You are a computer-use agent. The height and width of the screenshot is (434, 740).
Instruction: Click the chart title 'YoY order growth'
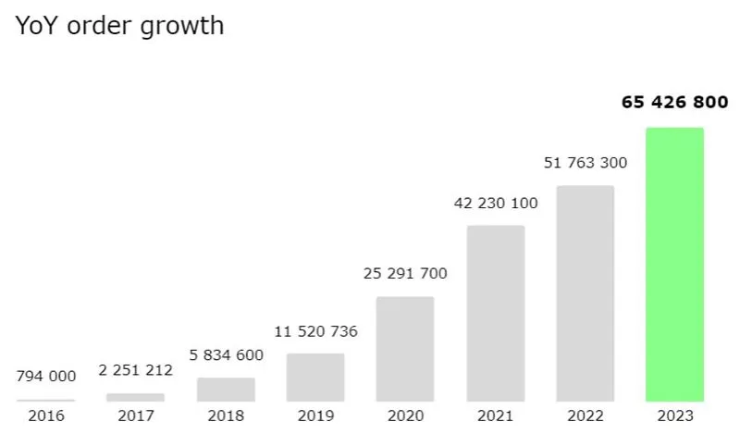tap(120, 26)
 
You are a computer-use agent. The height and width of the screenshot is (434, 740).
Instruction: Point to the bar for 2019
tap(315, 377)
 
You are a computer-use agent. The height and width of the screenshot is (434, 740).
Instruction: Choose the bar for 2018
tap(226, 389)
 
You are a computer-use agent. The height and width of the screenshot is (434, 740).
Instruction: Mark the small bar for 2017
tap(135, 397)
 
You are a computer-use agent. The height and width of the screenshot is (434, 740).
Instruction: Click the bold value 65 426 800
tap(674, 102)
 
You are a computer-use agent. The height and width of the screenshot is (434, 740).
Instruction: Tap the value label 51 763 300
tap(585, 163)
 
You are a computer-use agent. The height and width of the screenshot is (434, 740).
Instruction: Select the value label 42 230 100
tap(495, 204)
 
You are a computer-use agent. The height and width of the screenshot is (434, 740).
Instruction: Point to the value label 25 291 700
tap(405, 274)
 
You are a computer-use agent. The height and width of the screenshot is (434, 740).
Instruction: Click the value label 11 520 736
tap(315, 331)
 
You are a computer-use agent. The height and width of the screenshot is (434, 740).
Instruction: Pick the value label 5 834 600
tap(226, 354)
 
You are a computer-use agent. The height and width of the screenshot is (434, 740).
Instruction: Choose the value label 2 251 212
tap(135, 370)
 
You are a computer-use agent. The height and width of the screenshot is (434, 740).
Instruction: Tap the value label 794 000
tap(46, 376)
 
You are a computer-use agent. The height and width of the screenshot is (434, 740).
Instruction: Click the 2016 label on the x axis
tap(46, 416)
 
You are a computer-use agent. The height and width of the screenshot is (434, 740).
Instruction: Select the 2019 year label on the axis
tap(315, 416)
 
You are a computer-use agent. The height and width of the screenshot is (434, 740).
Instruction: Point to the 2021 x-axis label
tap(495, 416)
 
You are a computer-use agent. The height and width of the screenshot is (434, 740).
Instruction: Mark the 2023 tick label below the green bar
tap(674, 416)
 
